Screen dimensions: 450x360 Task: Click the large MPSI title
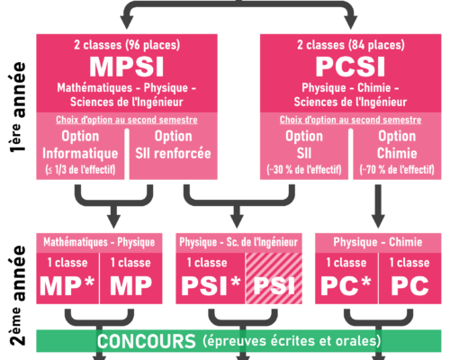click(x=127, y=67)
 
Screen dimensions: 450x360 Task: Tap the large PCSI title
click(x=350, y=67)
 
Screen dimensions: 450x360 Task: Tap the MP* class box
click(x=67, y=278)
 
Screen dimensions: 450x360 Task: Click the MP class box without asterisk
click(x=131, y=278)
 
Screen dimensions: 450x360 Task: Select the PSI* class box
click(x=211, y=278)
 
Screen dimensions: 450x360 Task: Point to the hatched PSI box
click(x=274, y=278)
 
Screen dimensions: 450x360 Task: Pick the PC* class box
click(x=346, y=278)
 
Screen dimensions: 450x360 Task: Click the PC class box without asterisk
click(x=410, y=278)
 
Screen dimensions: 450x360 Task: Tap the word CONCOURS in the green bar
click(x=147, y=341)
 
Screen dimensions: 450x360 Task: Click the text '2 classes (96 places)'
click(x=127, y=45)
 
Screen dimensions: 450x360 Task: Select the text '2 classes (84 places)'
click(x=351, y=45)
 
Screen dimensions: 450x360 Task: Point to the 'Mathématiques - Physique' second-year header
click(x=99, y=242)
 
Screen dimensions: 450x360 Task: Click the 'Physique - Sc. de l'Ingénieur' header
click(x=238, y=242)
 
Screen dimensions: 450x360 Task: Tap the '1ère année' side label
click(x=17, y=107)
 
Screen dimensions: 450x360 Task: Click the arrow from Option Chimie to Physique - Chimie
click(x=378, y=206)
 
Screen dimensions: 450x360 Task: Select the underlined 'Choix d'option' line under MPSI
click(x=127, y=120)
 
